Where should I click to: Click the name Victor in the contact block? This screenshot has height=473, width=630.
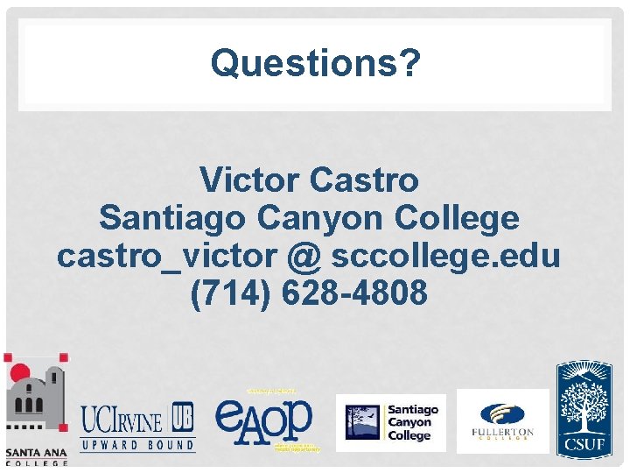tap(250, 180)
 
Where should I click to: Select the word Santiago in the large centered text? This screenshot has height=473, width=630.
tap(174, 218)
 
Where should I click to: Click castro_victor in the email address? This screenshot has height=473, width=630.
tap(166, 256)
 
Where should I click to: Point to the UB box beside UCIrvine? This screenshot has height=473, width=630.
tap(183, 418)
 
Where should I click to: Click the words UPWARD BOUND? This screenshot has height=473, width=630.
tap(138, 445)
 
